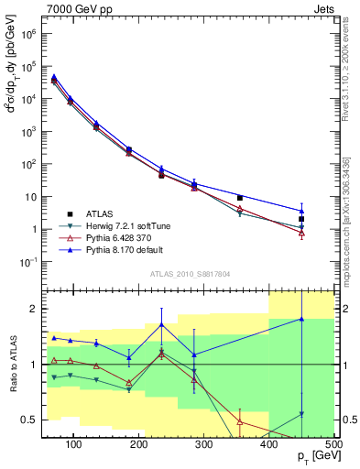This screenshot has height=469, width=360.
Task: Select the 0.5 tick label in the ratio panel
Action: [28, 420]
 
